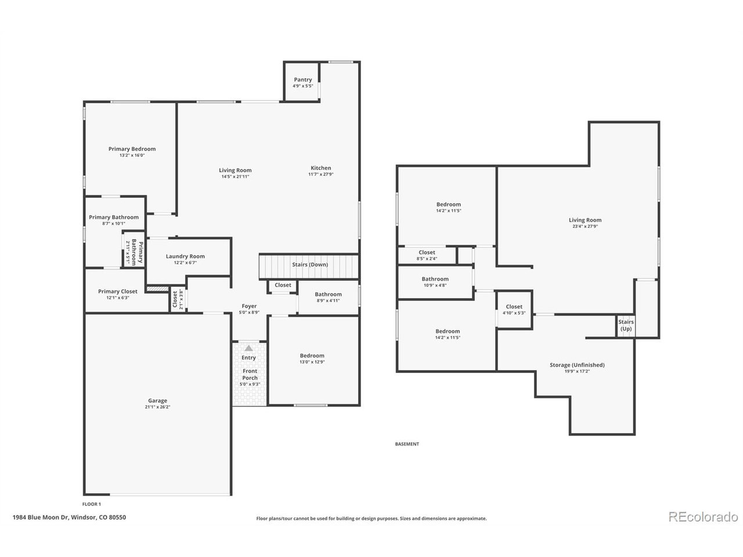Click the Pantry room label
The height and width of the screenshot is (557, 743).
[x=302, y=79]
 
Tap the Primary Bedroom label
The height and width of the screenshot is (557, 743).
[x=132, y=149]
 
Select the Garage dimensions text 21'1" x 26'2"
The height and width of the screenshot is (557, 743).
[x=157, y=407]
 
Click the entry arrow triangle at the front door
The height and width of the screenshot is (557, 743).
[x=248, y=348]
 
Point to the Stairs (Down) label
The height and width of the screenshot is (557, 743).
[x=310, y=265]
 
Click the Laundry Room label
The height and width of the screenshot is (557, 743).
[x=185, y=256]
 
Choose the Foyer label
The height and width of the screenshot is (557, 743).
[x=249, y=306]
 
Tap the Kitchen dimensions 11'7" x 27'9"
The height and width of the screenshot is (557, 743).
[x=321, y=174]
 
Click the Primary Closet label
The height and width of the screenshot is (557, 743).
[x=118, y=291]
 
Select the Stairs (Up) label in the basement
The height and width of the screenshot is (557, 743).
[x=626, y=325]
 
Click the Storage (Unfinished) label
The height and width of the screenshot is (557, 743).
[x=577, y=365]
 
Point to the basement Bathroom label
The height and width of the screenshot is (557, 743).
[x=435, y=279]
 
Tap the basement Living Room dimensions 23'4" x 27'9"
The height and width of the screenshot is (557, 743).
[x=585, y=226]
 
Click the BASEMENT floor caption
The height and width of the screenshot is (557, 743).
[x=407, y=444]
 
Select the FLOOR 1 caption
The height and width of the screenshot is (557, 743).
[x=91, y=504]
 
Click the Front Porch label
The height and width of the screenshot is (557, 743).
[x=250, y=374]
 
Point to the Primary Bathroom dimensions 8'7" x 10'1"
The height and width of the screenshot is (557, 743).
[x=114, y=223]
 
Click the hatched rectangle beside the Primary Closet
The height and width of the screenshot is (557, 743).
[x=157, y=289]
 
